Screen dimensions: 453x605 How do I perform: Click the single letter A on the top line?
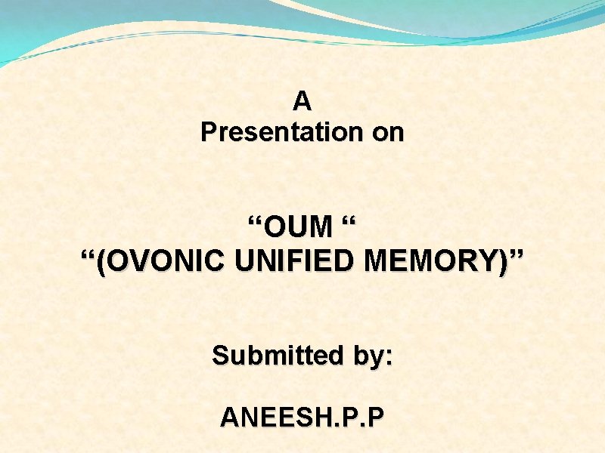302,100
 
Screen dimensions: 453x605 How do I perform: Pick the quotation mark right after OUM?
348,220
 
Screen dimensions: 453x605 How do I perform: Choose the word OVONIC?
165,261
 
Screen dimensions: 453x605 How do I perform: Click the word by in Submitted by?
365,356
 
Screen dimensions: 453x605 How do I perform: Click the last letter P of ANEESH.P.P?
376,417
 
